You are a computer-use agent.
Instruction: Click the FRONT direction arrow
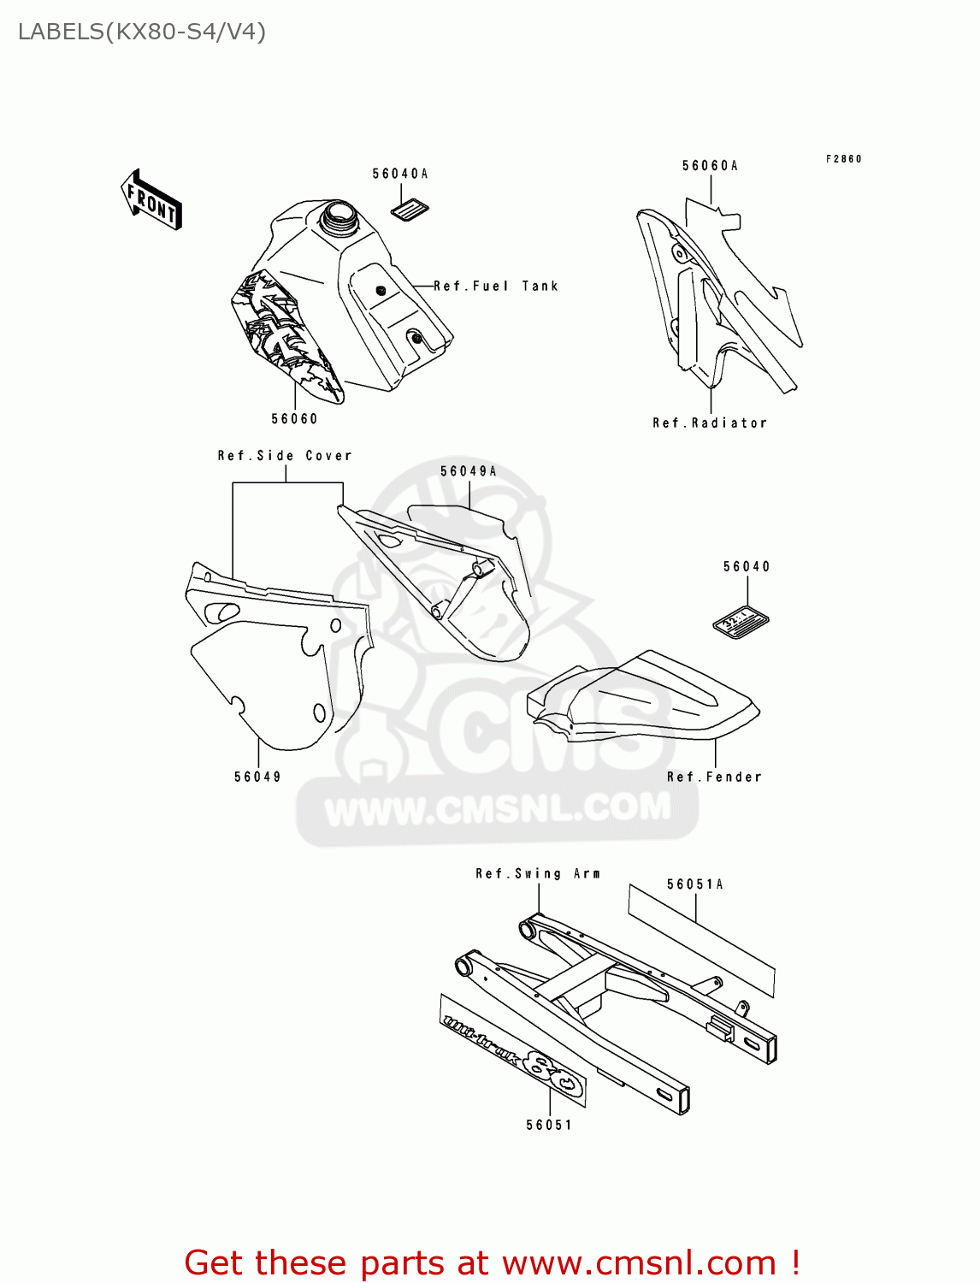click(151, 200)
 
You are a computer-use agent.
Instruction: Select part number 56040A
click(400, 174)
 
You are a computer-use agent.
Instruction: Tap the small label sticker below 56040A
click(410, 209)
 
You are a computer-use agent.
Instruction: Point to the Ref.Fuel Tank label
click(496, 287)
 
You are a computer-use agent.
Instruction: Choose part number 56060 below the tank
click(294, 418)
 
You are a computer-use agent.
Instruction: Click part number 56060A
click(710, 166)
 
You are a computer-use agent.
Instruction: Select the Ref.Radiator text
click(710, 423)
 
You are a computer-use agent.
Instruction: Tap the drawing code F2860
click(843, 159)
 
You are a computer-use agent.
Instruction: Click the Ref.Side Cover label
click(285, 456)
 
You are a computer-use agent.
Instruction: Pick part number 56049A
click(469, 471)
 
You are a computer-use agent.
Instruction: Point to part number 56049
click(257, 777)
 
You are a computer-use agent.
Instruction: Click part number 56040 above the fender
click(747, 567)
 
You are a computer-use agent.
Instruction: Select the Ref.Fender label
click(714, 777)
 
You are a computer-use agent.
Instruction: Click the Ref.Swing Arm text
click(538, 873)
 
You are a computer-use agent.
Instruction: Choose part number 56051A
click(695, 884)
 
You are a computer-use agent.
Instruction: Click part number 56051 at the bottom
click(549, 1125)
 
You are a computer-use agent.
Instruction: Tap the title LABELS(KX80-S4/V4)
click(142, 32)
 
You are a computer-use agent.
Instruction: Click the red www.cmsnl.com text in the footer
click(639, 1262)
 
